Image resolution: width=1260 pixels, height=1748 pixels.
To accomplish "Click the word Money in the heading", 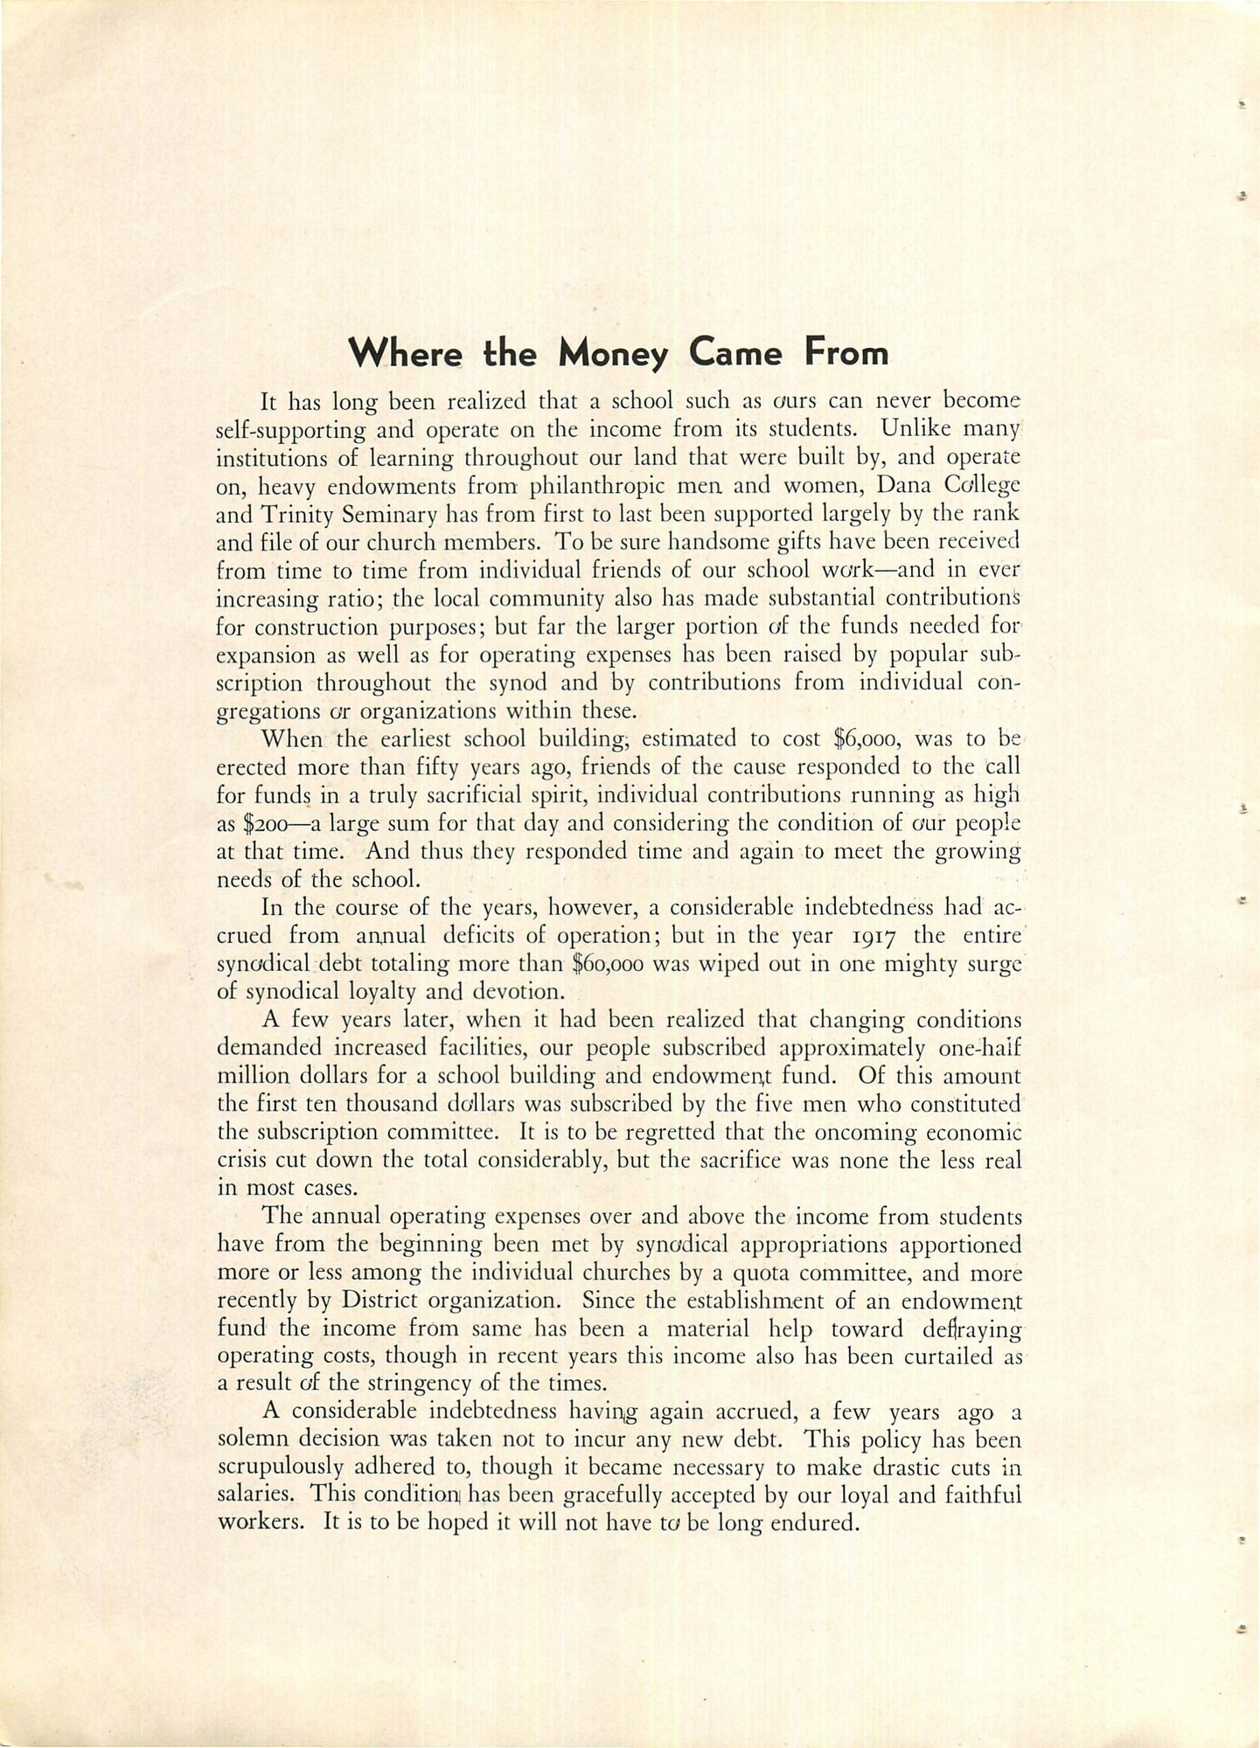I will (614, 354).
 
